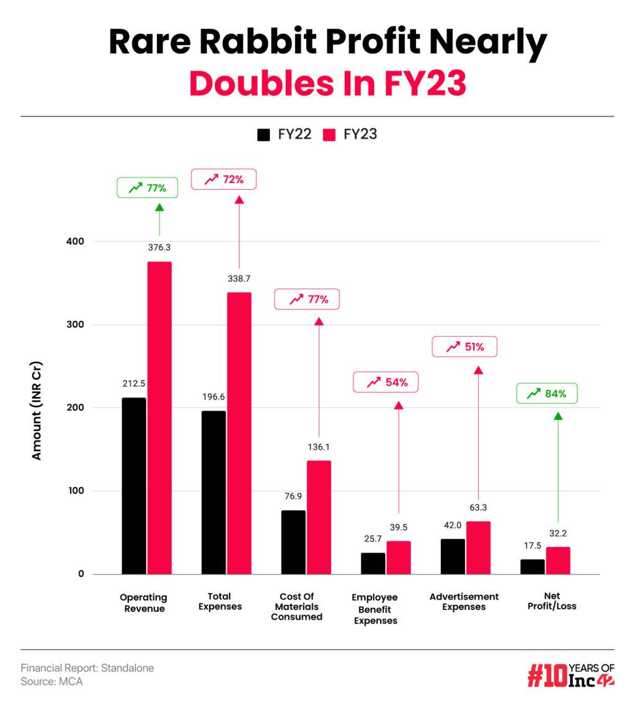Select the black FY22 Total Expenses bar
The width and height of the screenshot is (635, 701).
(214, 493)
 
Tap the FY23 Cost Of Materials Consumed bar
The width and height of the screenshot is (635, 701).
(319, 517)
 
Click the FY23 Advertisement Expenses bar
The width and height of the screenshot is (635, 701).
(478, 548)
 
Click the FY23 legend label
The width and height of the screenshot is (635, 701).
(360, 134)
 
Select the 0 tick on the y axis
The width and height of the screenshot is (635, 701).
(81, 574)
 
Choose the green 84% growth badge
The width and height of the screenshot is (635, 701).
(547, 393)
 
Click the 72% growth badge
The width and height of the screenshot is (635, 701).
(223, 179)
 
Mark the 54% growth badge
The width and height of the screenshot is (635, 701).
(386, 382)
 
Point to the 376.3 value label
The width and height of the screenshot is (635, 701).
(159, 248)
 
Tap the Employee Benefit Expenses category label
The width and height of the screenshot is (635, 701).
(375, 609)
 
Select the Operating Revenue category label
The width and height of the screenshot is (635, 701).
(143, 602)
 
